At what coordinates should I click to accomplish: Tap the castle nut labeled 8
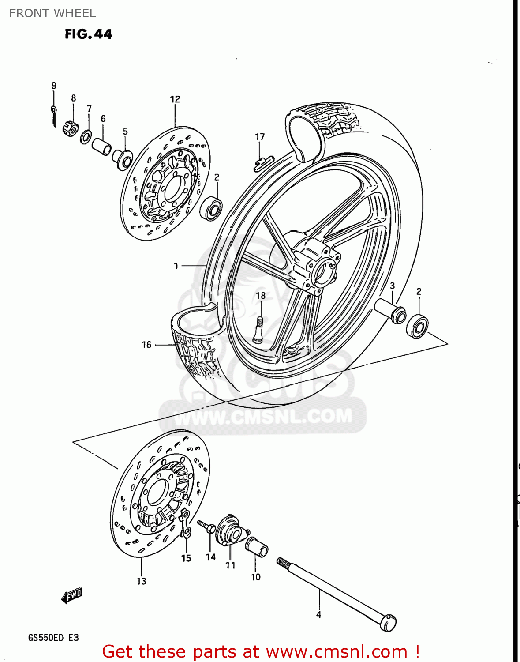(71, 127)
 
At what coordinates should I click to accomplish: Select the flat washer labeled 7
(86, 137)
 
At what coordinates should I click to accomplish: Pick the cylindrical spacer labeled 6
(101, 147)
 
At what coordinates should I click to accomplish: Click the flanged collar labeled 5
(123, 159)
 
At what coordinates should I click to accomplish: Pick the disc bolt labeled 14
(206, 526)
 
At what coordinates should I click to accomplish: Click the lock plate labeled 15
(186, 523)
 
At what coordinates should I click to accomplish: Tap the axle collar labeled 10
(257, 547)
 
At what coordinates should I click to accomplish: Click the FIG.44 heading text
(88, 34)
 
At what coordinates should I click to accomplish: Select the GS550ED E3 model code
(53, 638)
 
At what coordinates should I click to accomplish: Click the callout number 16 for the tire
(146, 345)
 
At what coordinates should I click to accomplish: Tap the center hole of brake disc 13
(157, 492)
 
